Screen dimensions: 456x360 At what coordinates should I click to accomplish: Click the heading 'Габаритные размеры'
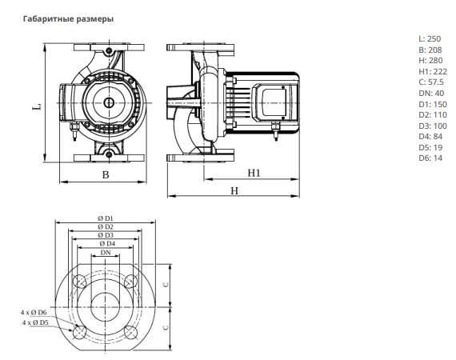coord(68,19)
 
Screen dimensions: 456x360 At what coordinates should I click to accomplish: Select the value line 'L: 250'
coord(430,38)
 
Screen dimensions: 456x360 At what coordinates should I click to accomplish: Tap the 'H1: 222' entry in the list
coord(433,71)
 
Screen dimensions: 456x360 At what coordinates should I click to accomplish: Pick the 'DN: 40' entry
coord(431,94)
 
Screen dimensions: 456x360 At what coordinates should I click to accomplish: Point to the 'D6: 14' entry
coord(430,158)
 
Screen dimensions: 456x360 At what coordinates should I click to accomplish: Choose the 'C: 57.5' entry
coord(431,82)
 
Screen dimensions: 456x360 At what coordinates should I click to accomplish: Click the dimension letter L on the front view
coord(37,107)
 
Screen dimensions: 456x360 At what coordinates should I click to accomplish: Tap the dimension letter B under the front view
coord(106,174)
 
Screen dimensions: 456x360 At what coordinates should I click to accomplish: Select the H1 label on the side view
coord(254,173)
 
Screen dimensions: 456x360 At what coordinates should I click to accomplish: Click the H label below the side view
coord(234,190)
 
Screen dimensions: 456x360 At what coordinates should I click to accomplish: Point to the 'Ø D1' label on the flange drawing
coord(106,218)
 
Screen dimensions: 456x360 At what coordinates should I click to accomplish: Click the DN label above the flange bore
coord(106,253)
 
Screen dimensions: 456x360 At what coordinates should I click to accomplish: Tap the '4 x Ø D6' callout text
coord(34,313)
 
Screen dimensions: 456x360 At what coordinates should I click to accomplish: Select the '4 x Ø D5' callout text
coord(35,322)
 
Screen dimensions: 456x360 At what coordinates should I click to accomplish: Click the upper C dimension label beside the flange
coord(166,285)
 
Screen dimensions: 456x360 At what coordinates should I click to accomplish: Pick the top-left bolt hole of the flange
coord(80,282)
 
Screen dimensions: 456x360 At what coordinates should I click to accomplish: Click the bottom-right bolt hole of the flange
coord(131,333)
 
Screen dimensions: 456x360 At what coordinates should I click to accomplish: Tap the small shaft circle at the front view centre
coord(109,103)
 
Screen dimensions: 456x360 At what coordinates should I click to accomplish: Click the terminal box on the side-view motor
coord(274,103)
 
